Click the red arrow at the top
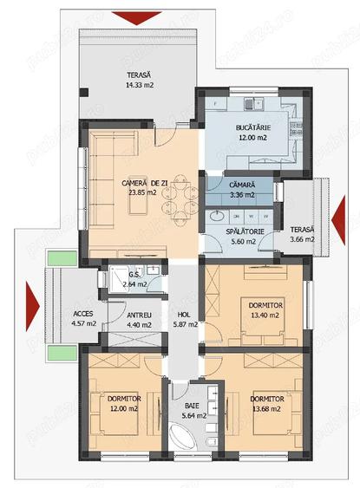tap(137, 18)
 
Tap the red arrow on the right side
tap(338, 219)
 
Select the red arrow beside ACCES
tap(33, 306)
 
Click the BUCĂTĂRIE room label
tap(253, 127)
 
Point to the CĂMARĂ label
tap(242, 185)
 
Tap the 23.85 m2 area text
tap(142, 192)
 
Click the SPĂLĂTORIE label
tap(245, 231)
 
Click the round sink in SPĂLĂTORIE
tap(217, 216)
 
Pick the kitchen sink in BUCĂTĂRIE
tap(253, 104)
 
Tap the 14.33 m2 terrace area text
tap(140, 85)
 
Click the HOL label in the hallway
tap(184, 315)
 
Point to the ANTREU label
tap(139, 316)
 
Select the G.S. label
tap(134, 275)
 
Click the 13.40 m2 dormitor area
tap(265, 316)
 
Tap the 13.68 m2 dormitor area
tap(266, 408)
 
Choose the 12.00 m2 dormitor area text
tap(124, 408)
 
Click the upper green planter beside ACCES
tap(62, 258)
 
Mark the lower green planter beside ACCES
tap(62, 353)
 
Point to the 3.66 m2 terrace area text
tap(302, 239)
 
